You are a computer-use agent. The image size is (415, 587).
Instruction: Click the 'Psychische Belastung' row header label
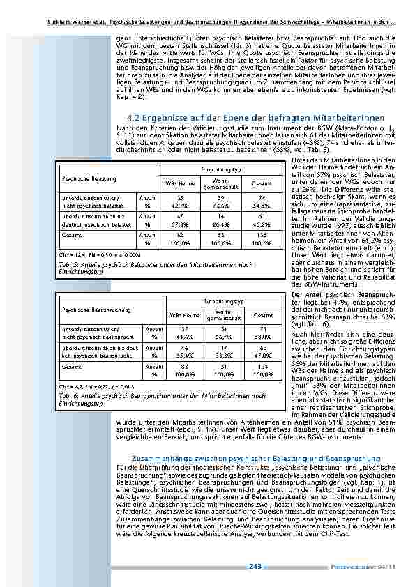point(80,180)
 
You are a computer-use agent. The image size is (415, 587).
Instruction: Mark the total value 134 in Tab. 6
point(263,365)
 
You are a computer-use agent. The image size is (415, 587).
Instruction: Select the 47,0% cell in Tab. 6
point(263,354)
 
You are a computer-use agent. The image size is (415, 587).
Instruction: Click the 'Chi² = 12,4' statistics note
point(72,256)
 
